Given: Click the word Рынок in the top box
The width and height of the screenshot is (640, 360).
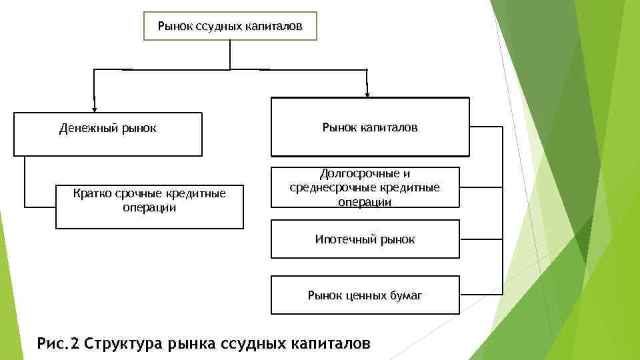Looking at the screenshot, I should coord(175,27).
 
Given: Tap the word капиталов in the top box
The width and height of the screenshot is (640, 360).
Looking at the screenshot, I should coord(275,27).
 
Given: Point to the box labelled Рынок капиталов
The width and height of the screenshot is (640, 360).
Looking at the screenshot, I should coord(370,126).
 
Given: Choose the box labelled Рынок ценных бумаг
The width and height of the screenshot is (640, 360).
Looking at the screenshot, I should coord(365,295).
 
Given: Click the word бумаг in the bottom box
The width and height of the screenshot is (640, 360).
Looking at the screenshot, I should coord(405,295).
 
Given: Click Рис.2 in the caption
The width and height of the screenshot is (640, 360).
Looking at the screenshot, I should coord(59,343).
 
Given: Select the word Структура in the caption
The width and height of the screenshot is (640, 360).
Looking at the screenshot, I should coord(125,343).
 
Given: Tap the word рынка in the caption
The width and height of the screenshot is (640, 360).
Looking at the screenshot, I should coord(195,343).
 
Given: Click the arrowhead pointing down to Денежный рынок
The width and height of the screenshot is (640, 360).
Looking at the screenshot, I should coord(95,106).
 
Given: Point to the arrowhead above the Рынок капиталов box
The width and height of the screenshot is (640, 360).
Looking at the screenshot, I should coord(367,91).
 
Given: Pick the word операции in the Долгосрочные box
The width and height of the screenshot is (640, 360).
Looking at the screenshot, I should coord(365,201).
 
